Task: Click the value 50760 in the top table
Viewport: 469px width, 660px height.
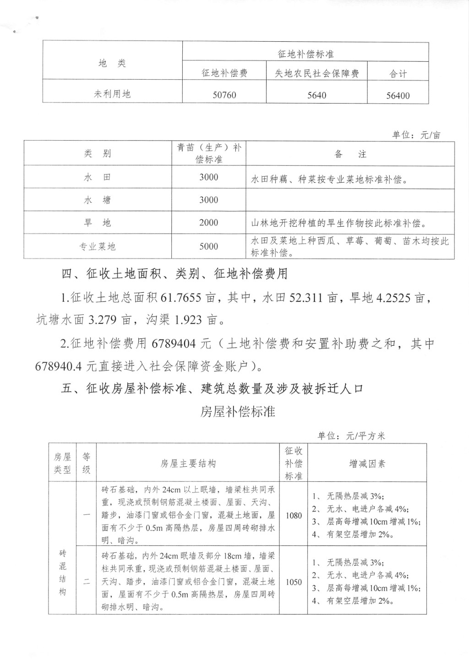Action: [224, 95]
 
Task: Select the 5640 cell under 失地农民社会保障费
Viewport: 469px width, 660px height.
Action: [316, 95]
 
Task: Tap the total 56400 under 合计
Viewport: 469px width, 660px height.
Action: [398, 96]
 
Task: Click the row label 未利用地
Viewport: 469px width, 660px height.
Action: [112, 94]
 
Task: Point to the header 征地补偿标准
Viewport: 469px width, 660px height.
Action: [305, 54]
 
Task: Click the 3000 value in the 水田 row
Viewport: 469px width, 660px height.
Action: [208, 177]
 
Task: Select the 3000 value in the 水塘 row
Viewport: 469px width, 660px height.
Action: [208, 200]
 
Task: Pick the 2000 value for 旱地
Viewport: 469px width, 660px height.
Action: [208, 223]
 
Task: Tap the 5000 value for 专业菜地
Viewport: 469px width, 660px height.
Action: [208, 246]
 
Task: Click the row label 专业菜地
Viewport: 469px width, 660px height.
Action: [98, 246]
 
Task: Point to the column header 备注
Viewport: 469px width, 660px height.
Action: [350, 154]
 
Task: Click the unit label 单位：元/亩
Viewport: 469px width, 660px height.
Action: [416, 135]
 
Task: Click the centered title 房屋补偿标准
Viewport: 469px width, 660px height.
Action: [238, 411]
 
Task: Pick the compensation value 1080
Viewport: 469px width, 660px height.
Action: [294, 516]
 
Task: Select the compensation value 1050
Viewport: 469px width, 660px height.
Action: [294, 582]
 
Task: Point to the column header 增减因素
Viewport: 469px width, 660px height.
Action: [367, 464]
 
